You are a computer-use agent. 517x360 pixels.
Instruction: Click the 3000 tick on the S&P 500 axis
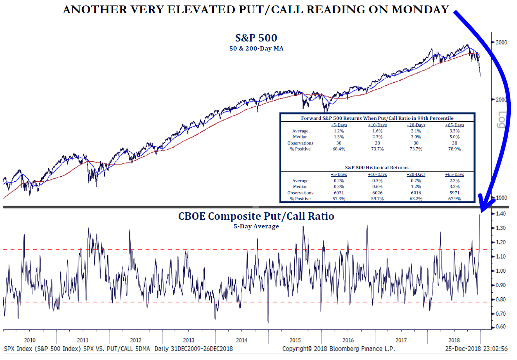[501, 42]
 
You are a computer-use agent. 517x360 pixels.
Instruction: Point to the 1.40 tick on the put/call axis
[501, 213]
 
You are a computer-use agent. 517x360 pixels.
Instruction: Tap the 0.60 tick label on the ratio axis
[501, 327]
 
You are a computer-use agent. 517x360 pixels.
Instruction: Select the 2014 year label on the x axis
[241, 340]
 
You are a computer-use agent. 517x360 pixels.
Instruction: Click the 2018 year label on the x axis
[454, 340]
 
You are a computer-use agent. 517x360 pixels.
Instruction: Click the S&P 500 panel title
[256, 38]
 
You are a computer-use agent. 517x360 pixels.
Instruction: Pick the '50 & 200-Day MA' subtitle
[256, 49]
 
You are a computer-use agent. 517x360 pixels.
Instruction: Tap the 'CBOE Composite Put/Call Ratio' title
[256, 216]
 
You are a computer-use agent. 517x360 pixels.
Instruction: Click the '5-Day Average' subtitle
[256, 226]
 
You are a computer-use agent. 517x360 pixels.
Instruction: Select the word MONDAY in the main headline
[420, 10]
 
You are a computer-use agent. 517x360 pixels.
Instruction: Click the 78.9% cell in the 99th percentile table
[454, 149]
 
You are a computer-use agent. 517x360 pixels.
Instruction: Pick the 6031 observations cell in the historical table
[339, 193]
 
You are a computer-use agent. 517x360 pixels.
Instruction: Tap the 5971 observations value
[454, 193]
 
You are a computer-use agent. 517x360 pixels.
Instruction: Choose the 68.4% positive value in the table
[339, 149]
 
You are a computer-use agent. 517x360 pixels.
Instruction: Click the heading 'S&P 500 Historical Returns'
[376, 168]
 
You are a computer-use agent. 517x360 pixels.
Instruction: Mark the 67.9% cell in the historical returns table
[454, 199]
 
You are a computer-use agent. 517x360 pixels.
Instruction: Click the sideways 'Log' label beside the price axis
[502, 120]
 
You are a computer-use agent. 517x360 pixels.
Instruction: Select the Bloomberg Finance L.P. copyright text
[339, 349]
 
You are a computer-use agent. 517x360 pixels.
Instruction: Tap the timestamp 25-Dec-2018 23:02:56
[476, 349]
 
